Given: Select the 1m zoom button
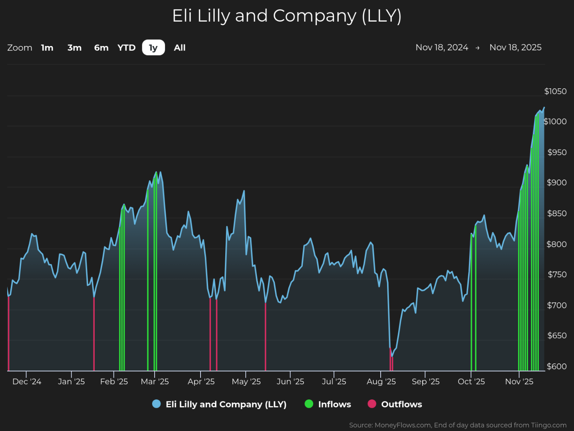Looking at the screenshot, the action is (x=47, y=48).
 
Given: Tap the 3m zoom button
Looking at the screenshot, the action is (x=74, y=48).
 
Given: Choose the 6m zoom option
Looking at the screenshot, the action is (x=101, y=48).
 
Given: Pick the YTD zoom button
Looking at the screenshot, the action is (x=127, y=48).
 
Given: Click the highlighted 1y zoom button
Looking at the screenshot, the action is (x=153, y=47).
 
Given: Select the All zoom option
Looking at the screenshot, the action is (x=180, y=48).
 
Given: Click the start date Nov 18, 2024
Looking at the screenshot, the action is (x=442, y=47).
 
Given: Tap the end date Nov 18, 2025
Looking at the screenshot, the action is (x=515, y=47).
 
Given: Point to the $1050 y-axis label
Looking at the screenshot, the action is (x=556, y=91).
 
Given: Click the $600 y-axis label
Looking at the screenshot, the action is (x=557, y=366).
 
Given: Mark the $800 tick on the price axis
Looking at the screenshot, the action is (x=557, y=244).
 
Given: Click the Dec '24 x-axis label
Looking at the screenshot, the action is (x=27, y=381).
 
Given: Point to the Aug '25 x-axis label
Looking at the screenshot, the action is (x=381, y=381).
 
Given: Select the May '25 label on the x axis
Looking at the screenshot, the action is (x=246, y=381).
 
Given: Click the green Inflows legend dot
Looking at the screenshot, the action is (x=309, y=404).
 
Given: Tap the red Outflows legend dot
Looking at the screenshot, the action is (x=372, y=404).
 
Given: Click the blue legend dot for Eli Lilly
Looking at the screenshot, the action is (x=156, y=404).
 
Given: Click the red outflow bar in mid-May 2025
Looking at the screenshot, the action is (x=265, y=337).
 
